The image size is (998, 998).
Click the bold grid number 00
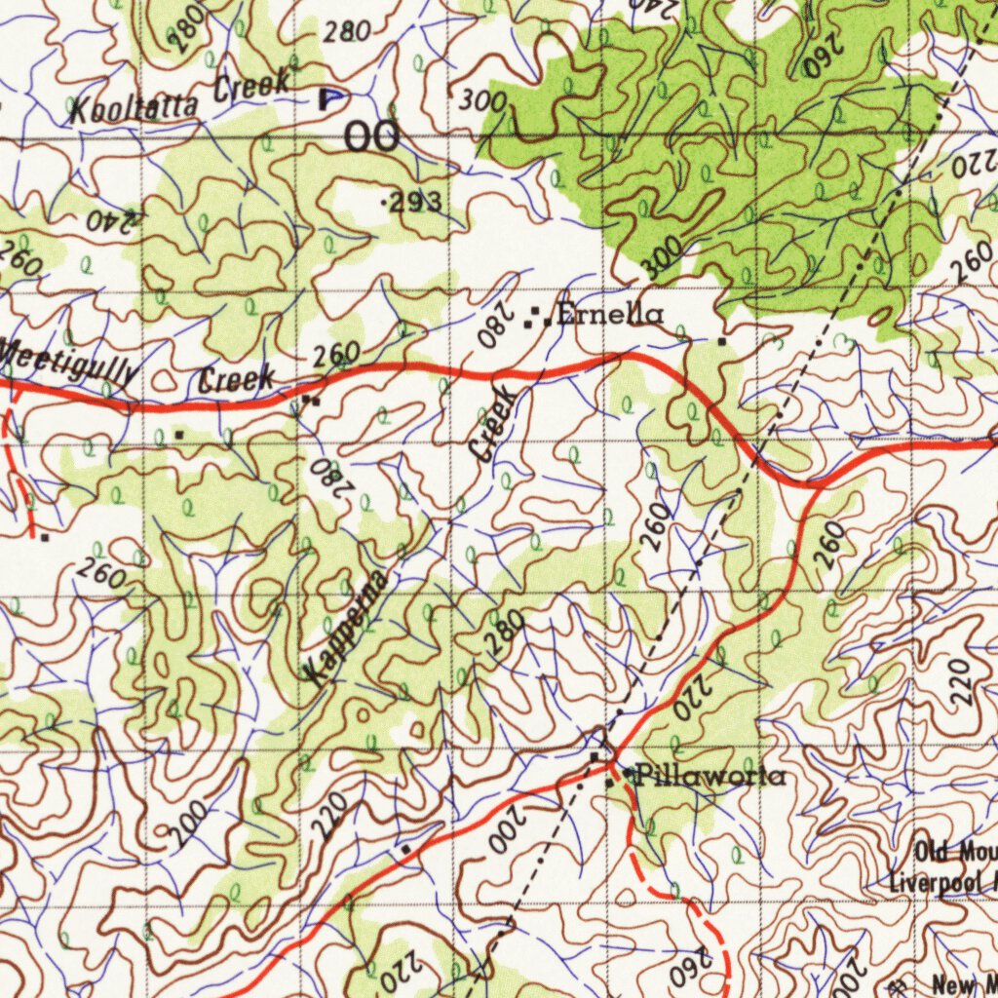(372, 137)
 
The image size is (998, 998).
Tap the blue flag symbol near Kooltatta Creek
(330, 97)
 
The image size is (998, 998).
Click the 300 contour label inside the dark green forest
(665, 258)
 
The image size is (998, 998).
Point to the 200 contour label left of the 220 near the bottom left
(185, 825)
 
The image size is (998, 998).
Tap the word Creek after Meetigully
(237, 379)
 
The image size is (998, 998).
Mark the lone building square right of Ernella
(721, 342)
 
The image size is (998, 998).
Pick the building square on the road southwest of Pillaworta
(404, 850)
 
